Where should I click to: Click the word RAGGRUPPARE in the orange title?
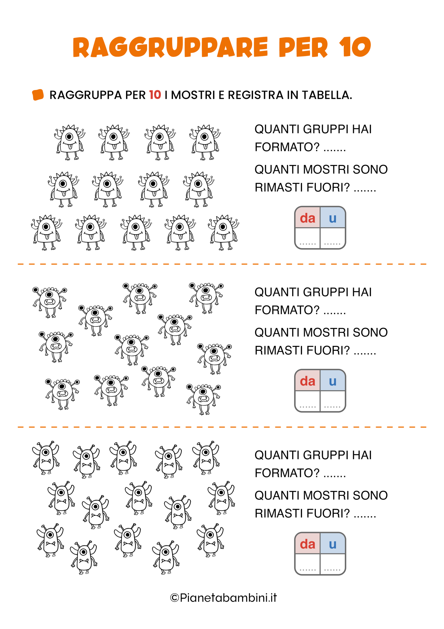[x=170, y=47]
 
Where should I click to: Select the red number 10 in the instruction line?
[x=155, y=95]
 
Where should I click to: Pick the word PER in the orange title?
[x=303, y=47]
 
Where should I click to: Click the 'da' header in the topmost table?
[x=308, y=218]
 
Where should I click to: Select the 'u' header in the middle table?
[x=333, y=381]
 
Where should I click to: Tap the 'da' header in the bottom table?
[x=308, y=544]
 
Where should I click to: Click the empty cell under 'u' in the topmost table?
[x=333, y=238]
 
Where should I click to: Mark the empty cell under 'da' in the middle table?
[x=308, y=401]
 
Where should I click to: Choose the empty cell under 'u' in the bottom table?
[x=333, y=564]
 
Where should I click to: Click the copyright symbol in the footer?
[x=174, y=598]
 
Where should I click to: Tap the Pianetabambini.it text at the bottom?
[x=228, y=598]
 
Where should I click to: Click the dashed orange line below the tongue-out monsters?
[x=222, y=264]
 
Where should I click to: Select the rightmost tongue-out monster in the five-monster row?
[x=224, y=232]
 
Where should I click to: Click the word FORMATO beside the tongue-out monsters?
[x=287, y=147]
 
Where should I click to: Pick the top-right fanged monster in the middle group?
[x=206, y=298]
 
